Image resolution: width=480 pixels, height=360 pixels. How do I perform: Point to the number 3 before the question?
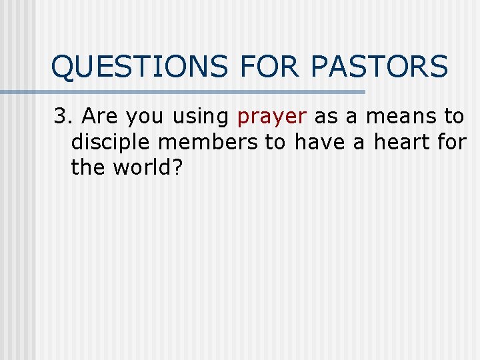(x=61, y=117)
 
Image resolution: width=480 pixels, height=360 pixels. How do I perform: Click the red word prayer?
(x=271, y=117)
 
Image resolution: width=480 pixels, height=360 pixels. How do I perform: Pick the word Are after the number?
(x=100, y=117)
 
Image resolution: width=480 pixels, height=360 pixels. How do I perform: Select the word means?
(x=399, y=117)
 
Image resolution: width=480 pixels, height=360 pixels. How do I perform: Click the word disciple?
(x=110, y=142)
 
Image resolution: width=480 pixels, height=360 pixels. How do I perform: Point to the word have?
(x=323, y=142)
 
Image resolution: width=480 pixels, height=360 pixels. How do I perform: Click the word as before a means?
(x=325, y=117)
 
